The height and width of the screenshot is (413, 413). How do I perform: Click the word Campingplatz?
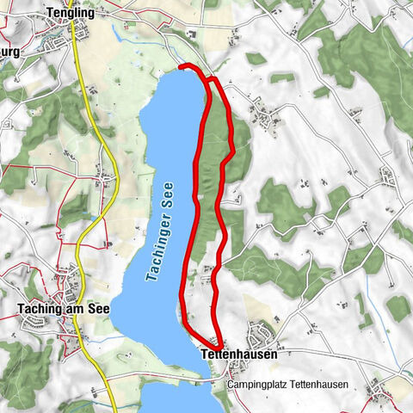pos(256,385)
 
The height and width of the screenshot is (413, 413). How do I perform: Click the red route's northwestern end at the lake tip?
pos(181,65)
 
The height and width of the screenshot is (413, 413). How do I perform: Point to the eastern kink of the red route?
pos(233,152)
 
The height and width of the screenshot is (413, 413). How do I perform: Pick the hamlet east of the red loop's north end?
pos(262,112)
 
